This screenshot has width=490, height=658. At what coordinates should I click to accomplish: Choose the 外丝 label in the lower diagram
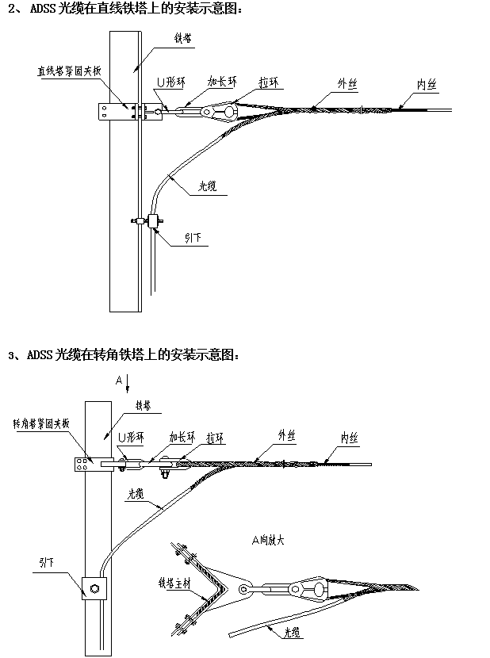pyautogui.click(x=286, y=435)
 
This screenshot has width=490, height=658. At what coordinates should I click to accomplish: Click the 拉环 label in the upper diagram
pyautogui.click(x=269, y=82)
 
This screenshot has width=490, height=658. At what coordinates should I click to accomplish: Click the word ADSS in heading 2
pyautogui.click(x=44, y=10)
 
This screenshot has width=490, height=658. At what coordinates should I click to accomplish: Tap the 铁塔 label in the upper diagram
pyautogui.click(x=183, y=37)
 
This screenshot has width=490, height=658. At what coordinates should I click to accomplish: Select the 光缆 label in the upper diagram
pyautogui.click(x=208, y=188)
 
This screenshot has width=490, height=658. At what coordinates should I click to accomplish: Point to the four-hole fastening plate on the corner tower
pyautogui.click(x=82, y=464)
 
